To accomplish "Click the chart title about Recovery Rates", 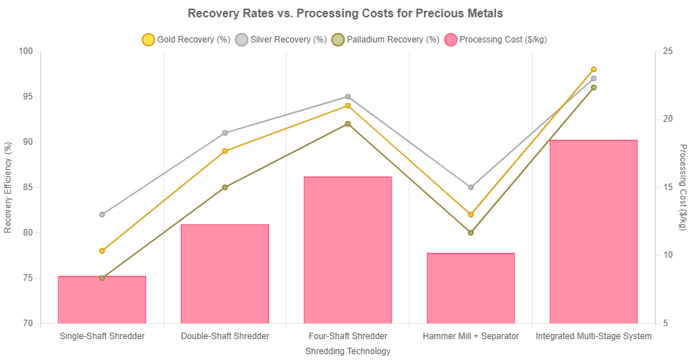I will [345, 14].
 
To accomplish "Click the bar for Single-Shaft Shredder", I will [102, 300].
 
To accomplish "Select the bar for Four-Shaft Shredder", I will [348, 250].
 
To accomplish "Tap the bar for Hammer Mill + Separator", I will [471, 288].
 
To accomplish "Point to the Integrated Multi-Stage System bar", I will [593, 231].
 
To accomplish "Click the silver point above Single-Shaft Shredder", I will [102, 215].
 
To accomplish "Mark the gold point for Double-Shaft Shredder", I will [225, 151].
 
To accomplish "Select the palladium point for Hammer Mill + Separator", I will [471, 233].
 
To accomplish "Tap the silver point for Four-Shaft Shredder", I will [348, 96].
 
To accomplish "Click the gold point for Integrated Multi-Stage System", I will [593, 69].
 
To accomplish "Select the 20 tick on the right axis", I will [668, 120].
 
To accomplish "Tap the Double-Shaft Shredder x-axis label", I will [225, 336].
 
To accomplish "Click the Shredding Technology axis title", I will [348, 351].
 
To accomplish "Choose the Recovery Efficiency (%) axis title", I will [9, 187].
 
